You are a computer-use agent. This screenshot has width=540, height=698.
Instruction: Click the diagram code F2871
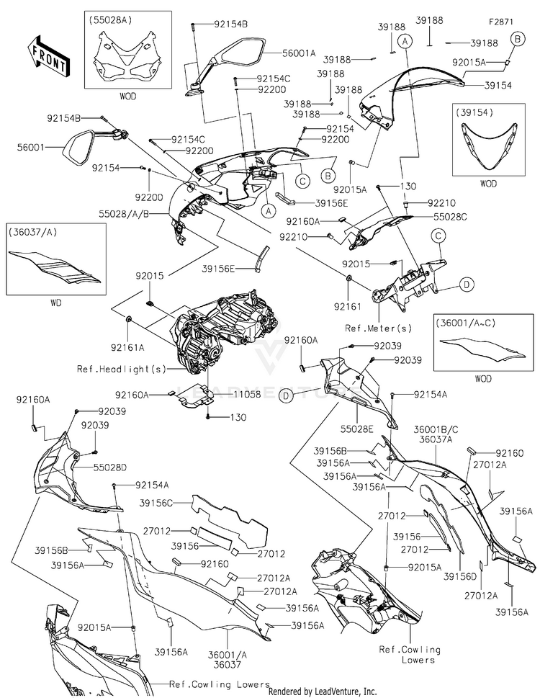[x=501, y=22]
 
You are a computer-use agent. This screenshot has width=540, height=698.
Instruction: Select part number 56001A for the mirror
[x=299, y=53]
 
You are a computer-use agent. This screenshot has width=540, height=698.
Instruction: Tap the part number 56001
[x=31, y=147]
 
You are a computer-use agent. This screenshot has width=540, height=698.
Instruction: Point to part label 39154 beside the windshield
[x=498, y=86]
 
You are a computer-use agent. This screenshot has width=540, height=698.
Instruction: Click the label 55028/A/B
[x=124, y=214]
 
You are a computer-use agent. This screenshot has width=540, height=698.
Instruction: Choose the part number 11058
[x=247, y=394]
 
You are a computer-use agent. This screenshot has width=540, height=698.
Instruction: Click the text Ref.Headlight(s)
[x=122, y=369]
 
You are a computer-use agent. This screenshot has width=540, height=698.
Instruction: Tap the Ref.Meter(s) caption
[x=379, y=328]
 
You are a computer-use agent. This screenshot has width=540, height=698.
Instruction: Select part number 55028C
[x=450, y=217]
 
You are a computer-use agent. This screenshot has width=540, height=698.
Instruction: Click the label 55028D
[x=110, y=467]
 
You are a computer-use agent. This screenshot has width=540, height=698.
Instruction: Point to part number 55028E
[x=356, y=429]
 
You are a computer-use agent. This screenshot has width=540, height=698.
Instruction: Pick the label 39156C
[x=156, y=503]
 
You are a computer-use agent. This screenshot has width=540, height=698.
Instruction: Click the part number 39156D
[x=460, y=576]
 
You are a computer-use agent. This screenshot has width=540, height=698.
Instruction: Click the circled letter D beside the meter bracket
[x=466, y=284]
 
